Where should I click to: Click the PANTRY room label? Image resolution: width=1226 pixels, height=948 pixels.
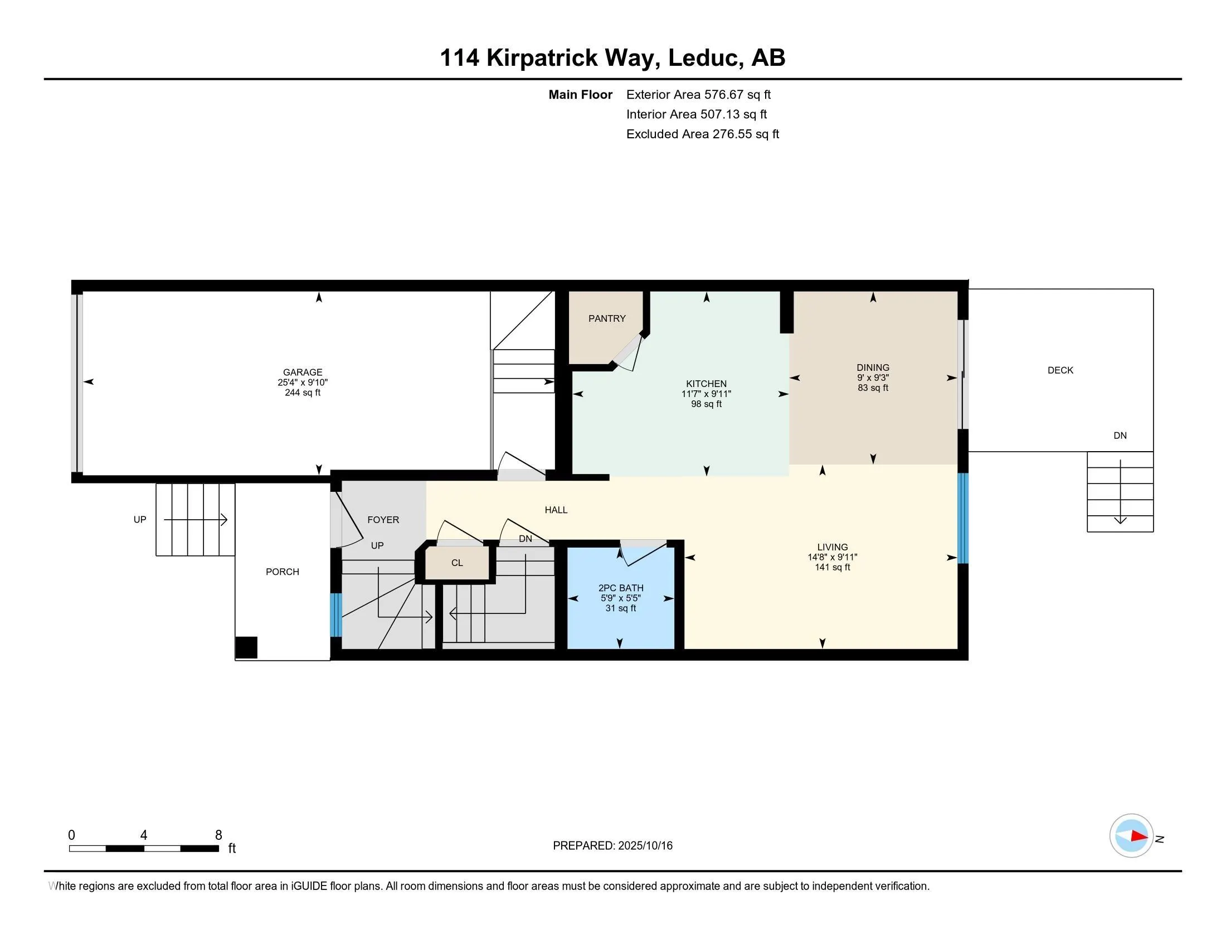click(607, 318)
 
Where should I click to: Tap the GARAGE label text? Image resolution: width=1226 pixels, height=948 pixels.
click(303, 373)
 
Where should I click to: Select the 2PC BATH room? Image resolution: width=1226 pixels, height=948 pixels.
click(620, 598)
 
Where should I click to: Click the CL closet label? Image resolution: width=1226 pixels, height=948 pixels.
click(457, 563)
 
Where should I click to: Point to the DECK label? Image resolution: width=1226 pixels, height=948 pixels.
click(1060, 370)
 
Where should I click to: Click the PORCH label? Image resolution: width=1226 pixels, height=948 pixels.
click(283, 572)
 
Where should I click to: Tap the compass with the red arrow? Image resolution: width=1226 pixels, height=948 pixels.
click(1131, 835)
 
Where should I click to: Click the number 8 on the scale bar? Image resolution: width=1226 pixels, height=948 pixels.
click(218, 835)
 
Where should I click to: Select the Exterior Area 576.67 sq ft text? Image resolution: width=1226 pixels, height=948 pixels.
click(698, 95)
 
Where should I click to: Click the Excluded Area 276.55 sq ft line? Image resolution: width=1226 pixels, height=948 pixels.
click(702, 134)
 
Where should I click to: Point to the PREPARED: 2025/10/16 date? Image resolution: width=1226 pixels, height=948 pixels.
click(612, 846)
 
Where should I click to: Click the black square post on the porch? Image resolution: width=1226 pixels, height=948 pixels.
click(246, 647)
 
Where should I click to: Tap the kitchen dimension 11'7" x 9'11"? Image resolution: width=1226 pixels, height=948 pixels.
click(706, 394)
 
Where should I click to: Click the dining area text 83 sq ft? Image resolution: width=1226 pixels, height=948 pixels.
click(873, 388)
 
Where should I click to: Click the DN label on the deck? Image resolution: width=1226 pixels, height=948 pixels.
click(1120, 436)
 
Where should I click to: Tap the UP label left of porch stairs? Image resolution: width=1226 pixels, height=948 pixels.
click(140, 520)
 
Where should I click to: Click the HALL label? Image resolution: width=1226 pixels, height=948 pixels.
click(556, 510)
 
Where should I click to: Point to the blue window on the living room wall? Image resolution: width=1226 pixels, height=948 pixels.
click(963, 518)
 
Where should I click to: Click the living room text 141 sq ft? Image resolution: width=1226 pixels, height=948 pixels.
click(833, 568)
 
